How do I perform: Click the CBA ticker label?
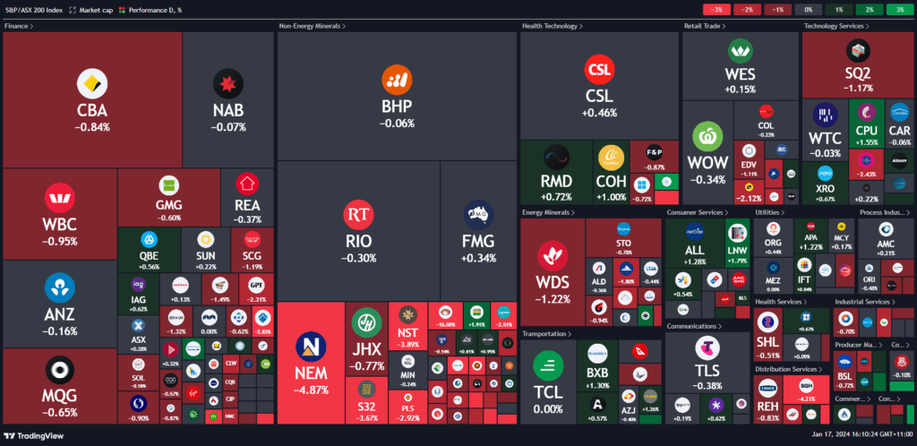pos(93,111)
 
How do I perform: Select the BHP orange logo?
pos(398,80)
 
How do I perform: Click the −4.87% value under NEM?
pos(310,390)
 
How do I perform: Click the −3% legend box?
pos(717,9)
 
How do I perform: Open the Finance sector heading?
pos(18,26)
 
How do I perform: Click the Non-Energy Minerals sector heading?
pos(311,26)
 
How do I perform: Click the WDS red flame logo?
pos(553,255)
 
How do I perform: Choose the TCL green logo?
pos(547,365)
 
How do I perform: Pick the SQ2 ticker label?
pos(857,73)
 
